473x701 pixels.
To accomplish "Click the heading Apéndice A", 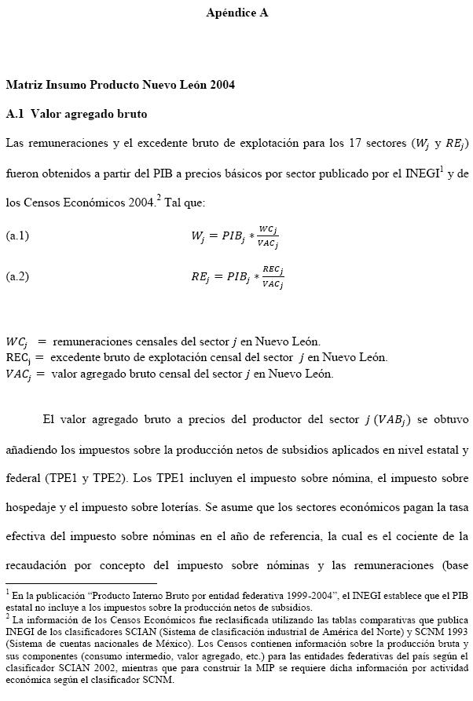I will (236, 13).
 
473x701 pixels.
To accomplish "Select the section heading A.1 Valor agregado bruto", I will (76, 114).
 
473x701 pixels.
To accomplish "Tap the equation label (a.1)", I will (17, 235).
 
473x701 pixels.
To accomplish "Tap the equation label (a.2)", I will (17, 276).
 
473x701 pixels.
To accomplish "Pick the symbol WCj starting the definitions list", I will (16, 341).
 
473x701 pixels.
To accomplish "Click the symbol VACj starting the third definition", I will (18, 374).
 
